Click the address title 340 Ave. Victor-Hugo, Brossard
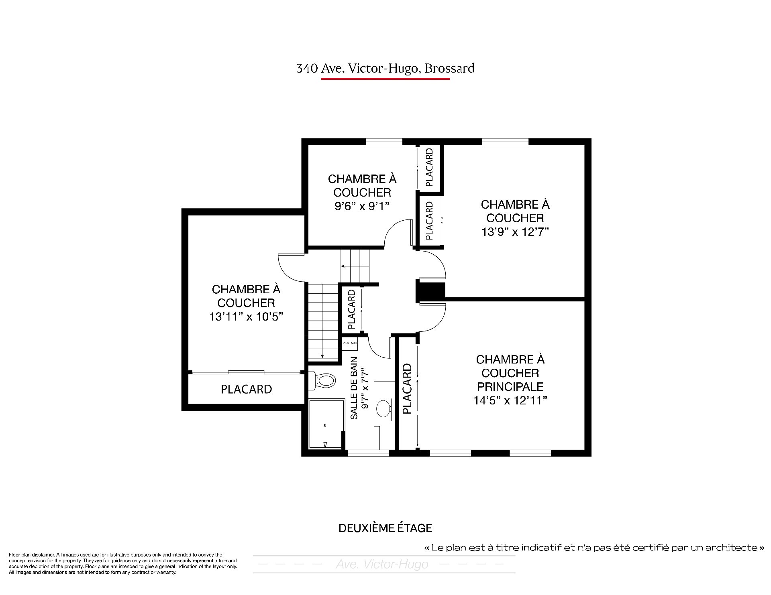tap(385, 69)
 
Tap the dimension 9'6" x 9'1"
tap(362, 206)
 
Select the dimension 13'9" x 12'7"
tap(515, 232)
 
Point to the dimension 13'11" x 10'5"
tap(246, 317)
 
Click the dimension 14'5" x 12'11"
tap(510, 400)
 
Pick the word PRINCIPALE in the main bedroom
tap(510, 387)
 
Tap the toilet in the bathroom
tap(322, 380)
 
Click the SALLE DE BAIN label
tap(354, 388)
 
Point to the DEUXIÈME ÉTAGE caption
tap(385, 528)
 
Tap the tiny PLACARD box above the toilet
tap(350, 343)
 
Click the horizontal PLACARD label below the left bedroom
tap(246, 389)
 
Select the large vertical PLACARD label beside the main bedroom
tap(407, 388)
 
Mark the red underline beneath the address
tap(385, 79)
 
